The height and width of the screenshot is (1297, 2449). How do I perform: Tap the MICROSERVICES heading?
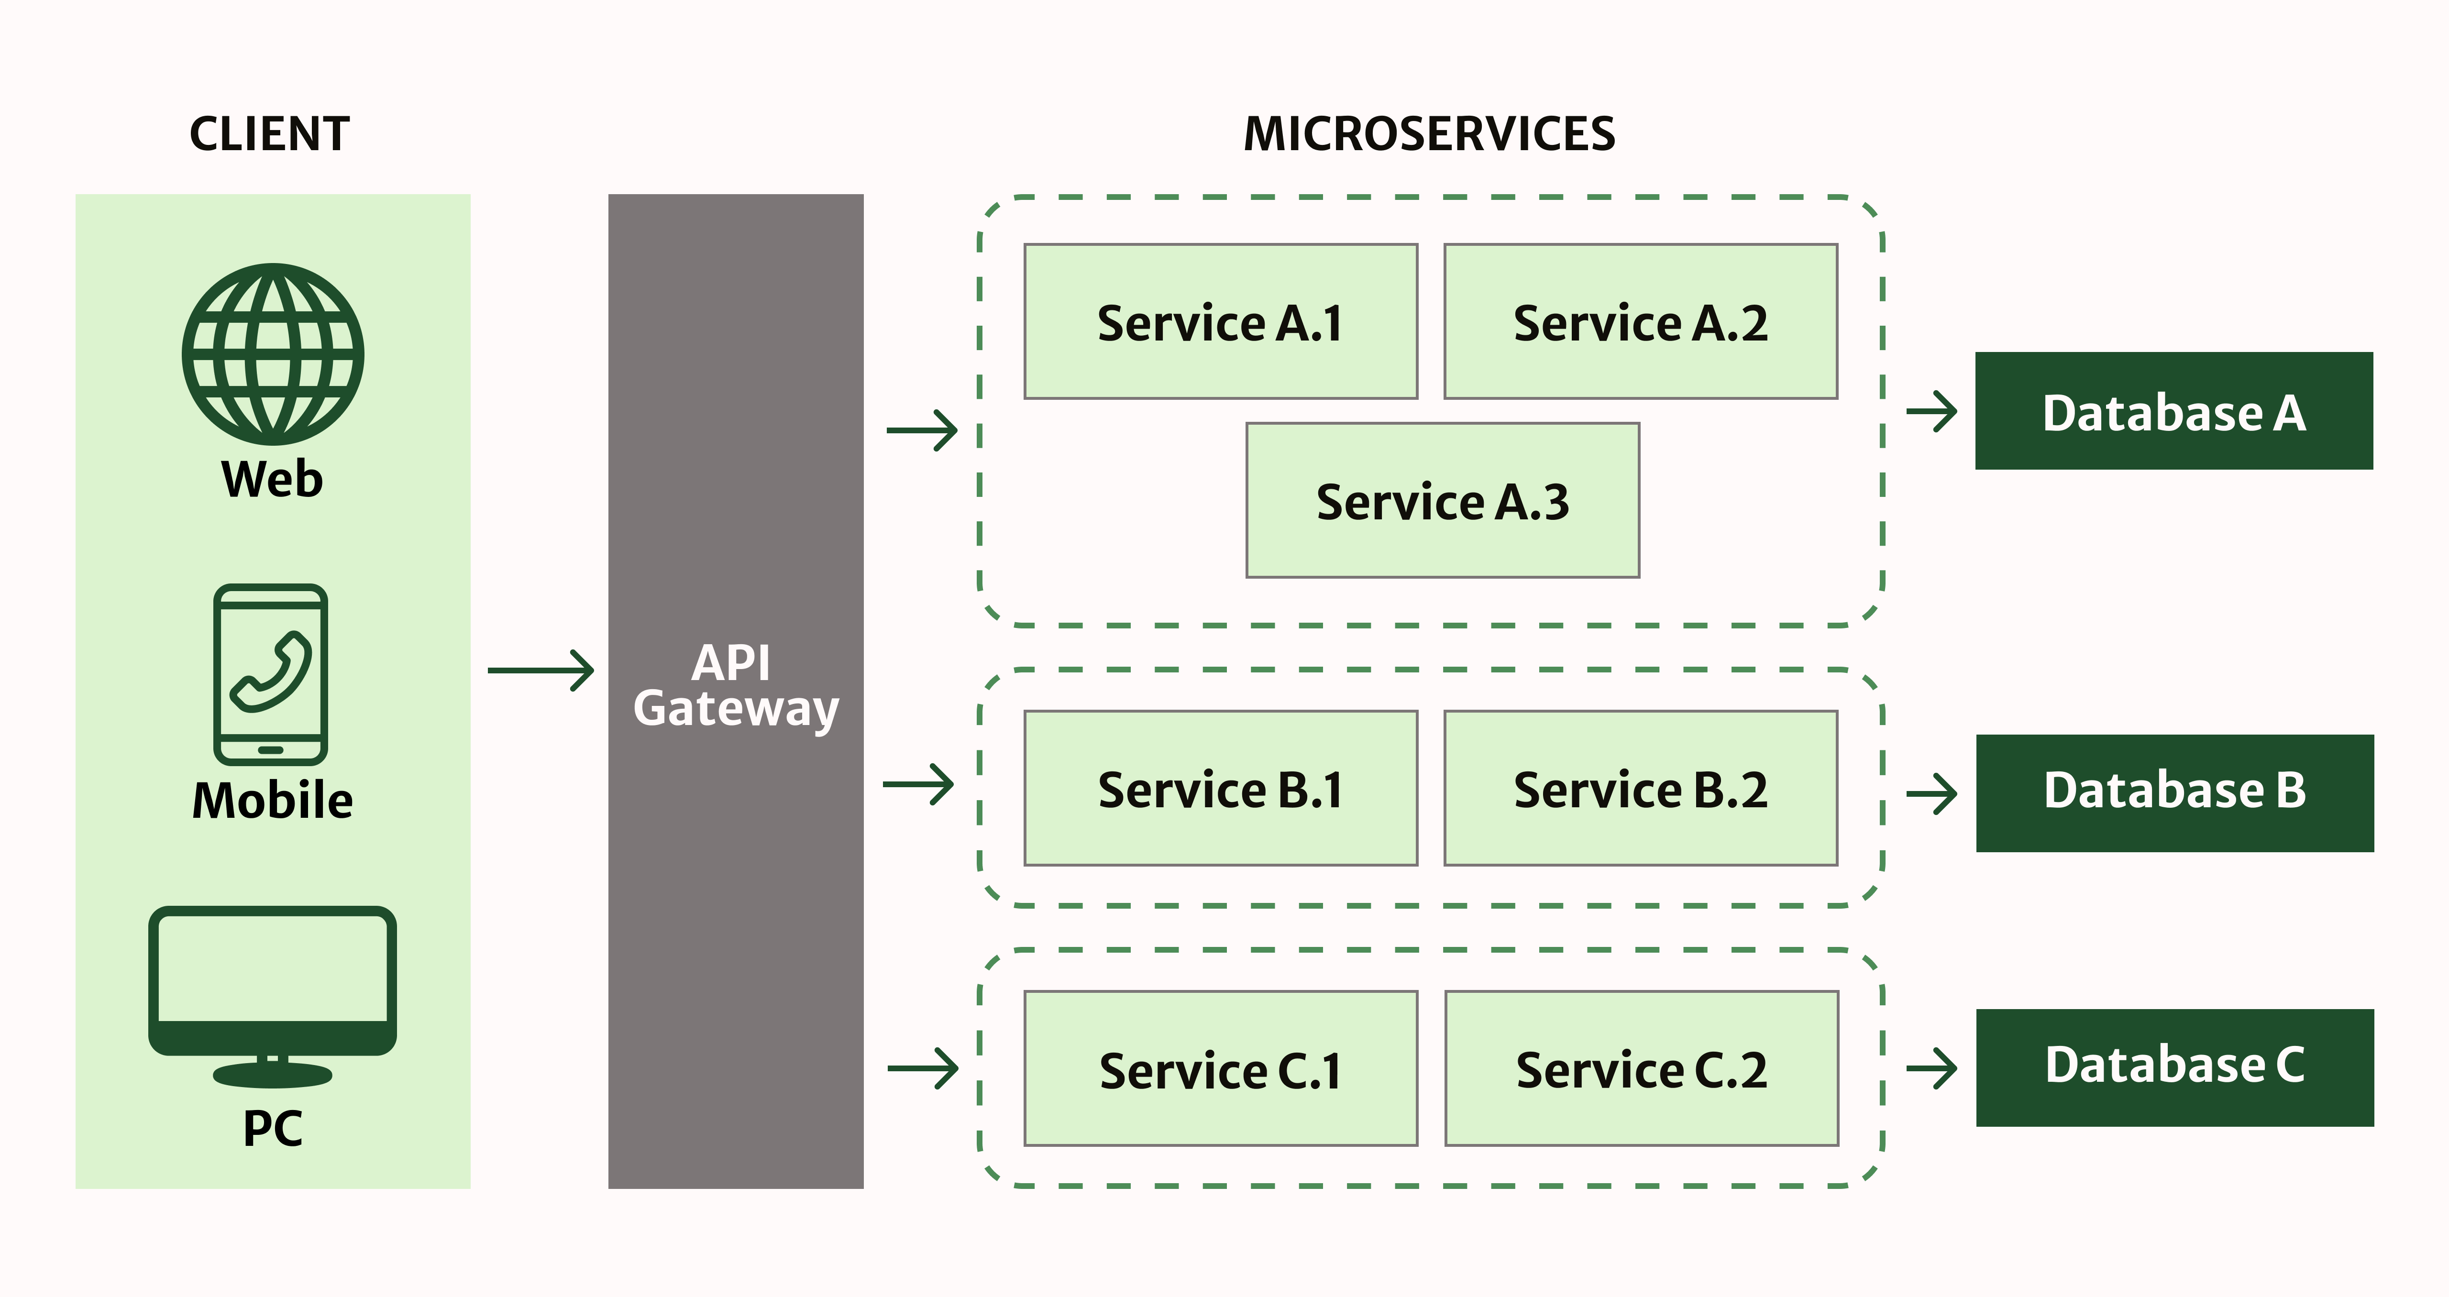pyautogui.click(x=1429, y=134)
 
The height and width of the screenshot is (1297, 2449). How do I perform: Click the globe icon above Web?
pyautogui.click(x=273, y=354)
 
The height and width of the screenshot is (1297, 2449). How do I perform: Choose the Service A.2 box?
pyautogui.click(x=1640, y=321)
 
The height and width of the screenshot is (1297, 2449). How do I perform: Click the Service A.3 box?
pyautogui.click(x=1442, y=500)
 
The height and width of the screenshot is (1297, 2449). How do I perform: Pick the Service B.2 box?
pyautogui.click(x=1640, y=788)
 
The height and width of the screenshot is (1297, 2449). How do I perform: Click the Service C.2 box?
pyautogui.click(x=1641, y=1069)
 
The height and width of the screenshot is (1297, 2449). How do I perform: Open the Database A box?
pyautogui.click(x=2173, y=411)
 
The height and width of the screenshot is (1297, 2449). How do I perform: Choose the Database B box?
pyautogui.click(x=2174, y=793)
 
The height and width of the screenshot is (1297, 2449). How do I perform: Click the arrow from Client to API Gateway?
pyautogui.click(x=541, y=670)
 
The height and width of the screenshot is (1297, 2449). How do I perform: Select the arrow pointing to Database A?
pyautogui.click(x=1932, y=412)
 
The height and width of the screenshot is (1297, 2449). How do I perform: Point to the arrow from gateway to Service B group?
pyautogui.click(x=918, y=784)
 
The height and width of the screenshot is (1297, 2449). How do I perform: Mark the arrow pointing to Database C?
pyautogui.click(x=1932, y=1069)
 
